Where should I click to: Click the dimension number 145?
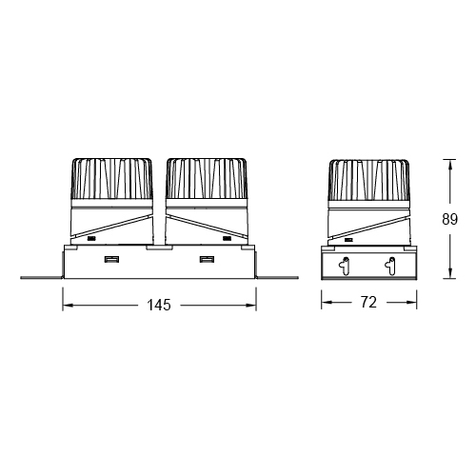pos(159,306)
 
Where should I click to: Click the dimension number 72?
pos(369,304)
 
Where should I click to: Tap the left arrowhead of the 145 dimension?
pos(67,306)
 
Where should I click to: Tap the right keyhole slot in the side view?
pos(390,266)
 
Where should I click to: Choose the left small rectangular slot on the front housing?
pos(111,260)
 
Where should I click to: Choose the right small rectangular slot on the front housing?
pos(206,260)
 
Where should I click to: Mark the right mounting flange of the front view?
pos(277,277)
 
